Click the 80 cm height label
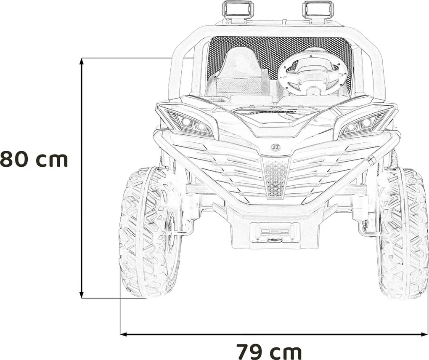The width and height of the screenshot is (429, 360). [x=34, y=160]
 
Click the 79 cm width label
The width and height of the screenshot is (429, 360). [x=269, y=350]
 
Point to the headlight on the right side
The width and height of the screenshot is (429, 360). [x=362, y=124]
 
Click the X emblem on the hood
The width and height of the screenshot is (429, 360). [x=275, y=147]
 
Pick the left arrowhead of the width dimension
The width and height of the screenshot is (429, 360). [x=123, y=335]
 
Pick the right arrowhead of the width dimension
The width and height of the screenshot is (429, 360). [x=425, y=335]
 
